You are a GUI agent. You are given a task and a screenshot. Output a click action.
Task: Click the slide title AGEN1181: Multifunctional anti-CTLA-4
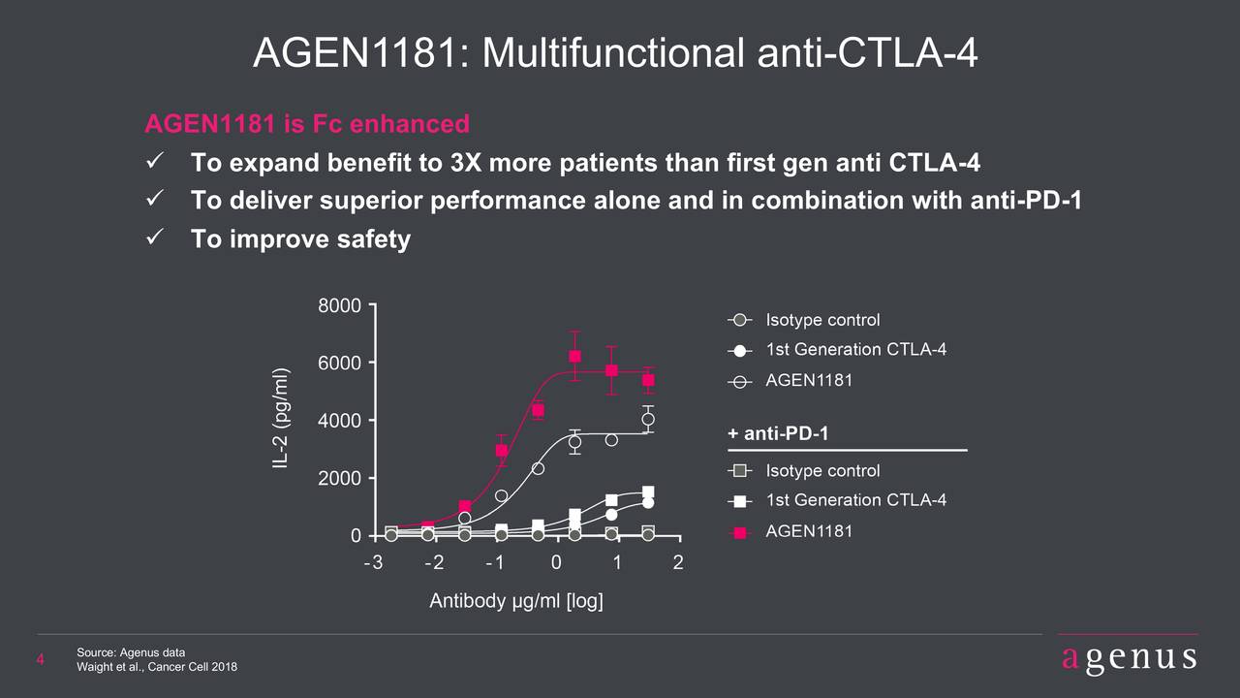(614, 54)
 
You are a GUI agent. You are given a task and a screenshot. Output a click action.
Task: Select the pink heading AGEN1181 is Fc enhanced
(306, 124)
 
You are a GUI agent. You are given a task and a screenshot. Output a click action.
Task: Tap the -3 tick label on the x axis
(372, 564)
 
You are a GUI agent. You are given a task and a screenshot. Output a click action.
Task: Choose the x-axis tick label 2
(678, 564)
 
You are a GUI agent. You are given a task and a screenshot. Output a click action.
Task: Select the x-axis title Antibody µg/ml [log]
(516, 602)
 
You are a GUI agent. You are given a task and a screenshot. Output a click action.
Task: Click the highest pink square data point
(574, 356)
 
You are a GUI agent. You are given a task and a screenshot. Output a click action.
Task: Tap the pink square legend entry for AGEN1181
(739, 532)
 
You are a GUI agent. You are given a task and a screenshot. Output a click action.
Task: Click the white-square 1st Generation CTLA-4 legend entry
(739, 501)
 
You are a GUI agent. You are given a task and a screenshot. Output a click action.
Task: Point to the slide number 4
(41, 661)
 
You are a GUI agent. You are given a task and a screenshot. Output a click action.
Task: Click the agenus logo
(1129, 658)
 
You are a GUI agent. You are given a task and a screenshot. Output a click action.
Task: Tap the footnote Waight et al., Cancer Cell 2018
(156, 668)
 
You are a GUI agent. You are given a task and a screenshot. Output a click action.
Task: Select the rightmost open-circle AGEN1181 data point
(648, 419)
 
